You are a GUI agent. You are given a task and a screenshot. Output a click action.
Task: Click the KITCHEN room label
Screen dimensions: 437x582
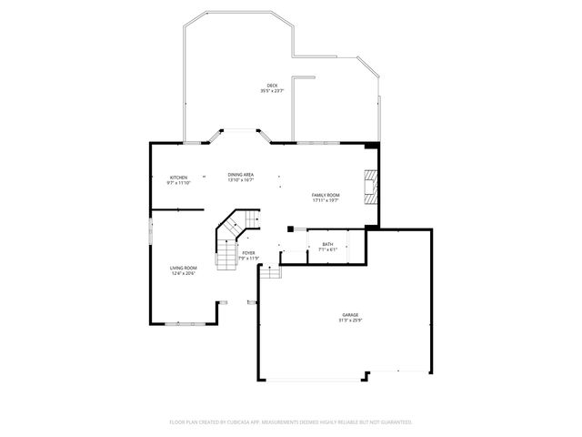click(178, 177)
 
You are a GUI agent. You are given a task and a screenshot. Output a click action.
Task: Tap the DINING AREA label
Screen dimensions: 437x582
click(241, 174)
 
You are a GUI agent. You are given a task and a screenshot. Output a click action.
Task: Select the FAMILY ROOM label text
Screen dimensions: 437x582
click(326, 195)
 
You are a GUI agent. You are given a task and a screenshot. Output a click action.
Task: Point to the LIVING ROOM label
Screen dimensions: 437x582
click(184, 268)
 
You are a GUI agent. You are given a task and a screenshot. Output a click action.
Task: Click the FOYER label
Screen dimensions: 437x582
click(248, 252)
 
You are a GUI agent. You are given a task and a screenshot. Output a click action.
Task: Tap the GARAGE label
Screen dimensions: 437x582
click(350, 315)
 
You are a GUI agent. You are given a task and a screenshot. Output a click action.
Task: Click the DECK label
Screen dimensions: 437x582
click(272, 85)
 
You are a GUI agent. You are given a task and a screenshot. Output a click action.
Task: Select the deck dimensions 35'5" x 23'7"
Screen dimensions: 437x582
click(272, 90)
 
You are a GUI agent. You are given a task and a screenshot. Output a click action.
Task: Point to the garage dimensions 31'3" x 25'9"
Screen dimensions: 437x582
click(350, 320)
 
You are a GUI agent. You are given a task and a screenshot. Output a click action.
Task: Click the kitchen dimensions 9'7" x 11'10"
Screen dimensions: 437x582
click(178, 182)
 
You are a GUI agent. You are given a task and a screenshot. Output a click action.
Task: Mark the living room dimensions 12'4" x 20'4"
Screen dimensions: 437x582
click(184, 273)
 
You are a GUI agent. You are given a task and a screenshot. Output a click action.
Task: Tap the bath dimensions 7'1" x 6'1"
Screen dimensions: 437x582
click(328, 249)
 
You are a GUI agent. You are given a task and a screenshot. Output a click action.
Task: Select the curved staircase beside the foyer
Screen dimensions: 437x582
click(229, 239)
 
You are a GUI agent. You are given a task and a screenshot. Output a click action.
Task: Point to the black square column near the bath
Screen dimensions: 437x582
click(290, 229)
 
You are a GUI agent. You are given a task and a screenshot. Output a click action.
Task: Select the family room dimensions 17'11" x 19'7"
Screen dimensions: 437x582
click(326, 200)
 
